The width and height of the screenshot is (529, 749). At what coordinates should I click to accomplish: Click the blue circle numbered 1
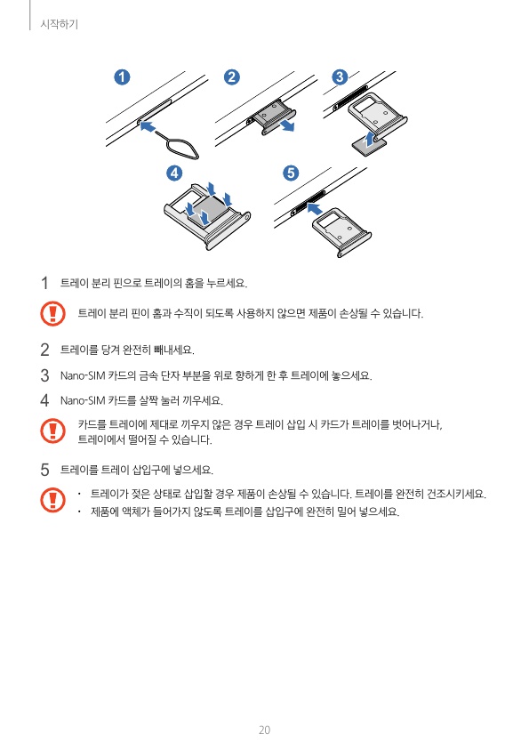pos(122,77)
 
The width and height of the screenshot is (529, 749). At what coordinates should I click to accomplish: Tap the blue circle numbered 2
pos(231,77)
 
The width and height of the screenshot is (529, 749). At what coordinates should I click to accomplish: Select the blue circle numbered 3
pos(340,77)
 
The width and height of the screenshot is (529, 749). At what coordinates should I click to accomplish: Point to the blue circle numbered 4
pos(174,173)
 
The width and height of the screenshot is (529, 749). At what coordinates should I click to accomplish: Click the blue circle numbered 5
pos(291,173)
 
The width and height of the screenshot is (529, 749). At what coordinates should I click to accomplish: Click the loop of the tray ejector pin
pos(184,149)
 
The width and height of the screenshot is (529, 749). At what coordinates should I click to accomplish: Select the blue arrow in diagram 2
pos(287,125)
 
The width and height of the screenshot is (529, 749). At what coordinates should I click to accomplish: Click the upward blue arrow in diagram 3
pos(368,140)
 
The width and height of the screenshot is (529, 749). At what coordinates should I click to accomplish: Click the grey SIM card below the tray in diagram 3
pos(368,146)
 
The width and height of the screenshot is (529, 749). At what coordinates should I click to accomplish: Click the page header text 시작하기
pos(60,24)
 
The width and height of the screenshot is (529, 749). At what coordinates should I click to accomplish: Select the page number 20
pos(264,730)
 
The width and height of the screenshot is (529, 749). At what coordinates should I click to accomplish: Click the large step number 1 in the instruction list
pos(44,283)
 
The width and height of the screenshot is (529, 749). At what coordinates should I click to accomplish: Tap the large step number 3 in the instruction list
pos(44,375)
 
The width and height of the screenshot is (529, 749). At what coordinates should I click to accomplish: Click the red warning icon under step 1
pos(52,314)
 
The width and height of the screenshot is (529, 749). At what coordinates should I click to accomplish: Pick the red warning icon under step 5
pos(52,500)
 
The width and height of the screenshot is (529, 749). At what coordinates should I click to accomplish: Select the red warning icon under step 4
pos(52,431)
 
